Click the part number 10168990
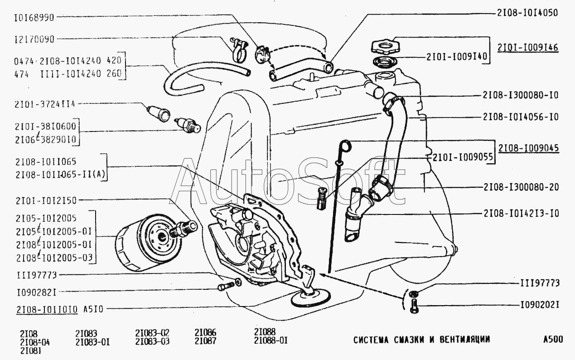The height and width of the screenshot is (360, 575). [34, 18]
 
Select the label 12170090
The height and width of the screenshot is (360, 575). [34, 39]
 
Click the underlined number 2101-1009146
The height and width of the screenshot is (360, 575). [527, 47]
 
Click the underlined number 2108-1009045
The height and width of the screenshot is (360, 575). [528, 148]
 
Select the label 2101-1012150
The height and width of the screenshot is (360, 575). [45, 199]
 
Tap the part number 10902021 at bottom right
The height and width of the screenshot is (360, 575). [539, 305]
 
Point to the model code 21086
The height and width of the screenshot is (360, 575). [205, 332]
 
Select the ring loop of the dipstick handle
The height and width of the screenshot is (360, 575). [345, 146]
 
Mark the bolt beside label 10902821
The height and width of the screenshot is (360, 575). [224, 287]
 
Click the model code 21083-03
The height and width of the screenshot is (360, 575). [152, 341]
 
